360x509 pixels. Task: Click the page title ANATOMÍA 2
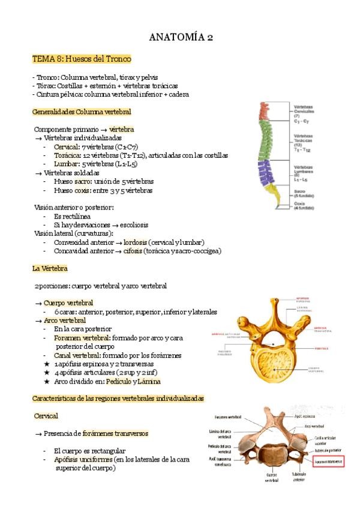coord(180,38)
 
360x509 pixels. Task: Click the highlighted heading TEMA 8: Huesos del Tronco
coord(82,59)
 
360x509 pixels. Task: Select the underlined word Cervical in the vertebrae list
coord(65,146)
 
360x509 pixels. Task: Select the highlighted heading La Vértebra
coord(50,268)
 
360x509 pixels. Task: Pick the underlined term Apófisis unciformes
coord(80,459)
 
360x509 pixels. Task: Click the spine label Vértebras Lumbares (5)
coord(306,170)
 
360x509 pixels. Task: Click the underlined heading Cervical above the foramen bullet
coord(46,415)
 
